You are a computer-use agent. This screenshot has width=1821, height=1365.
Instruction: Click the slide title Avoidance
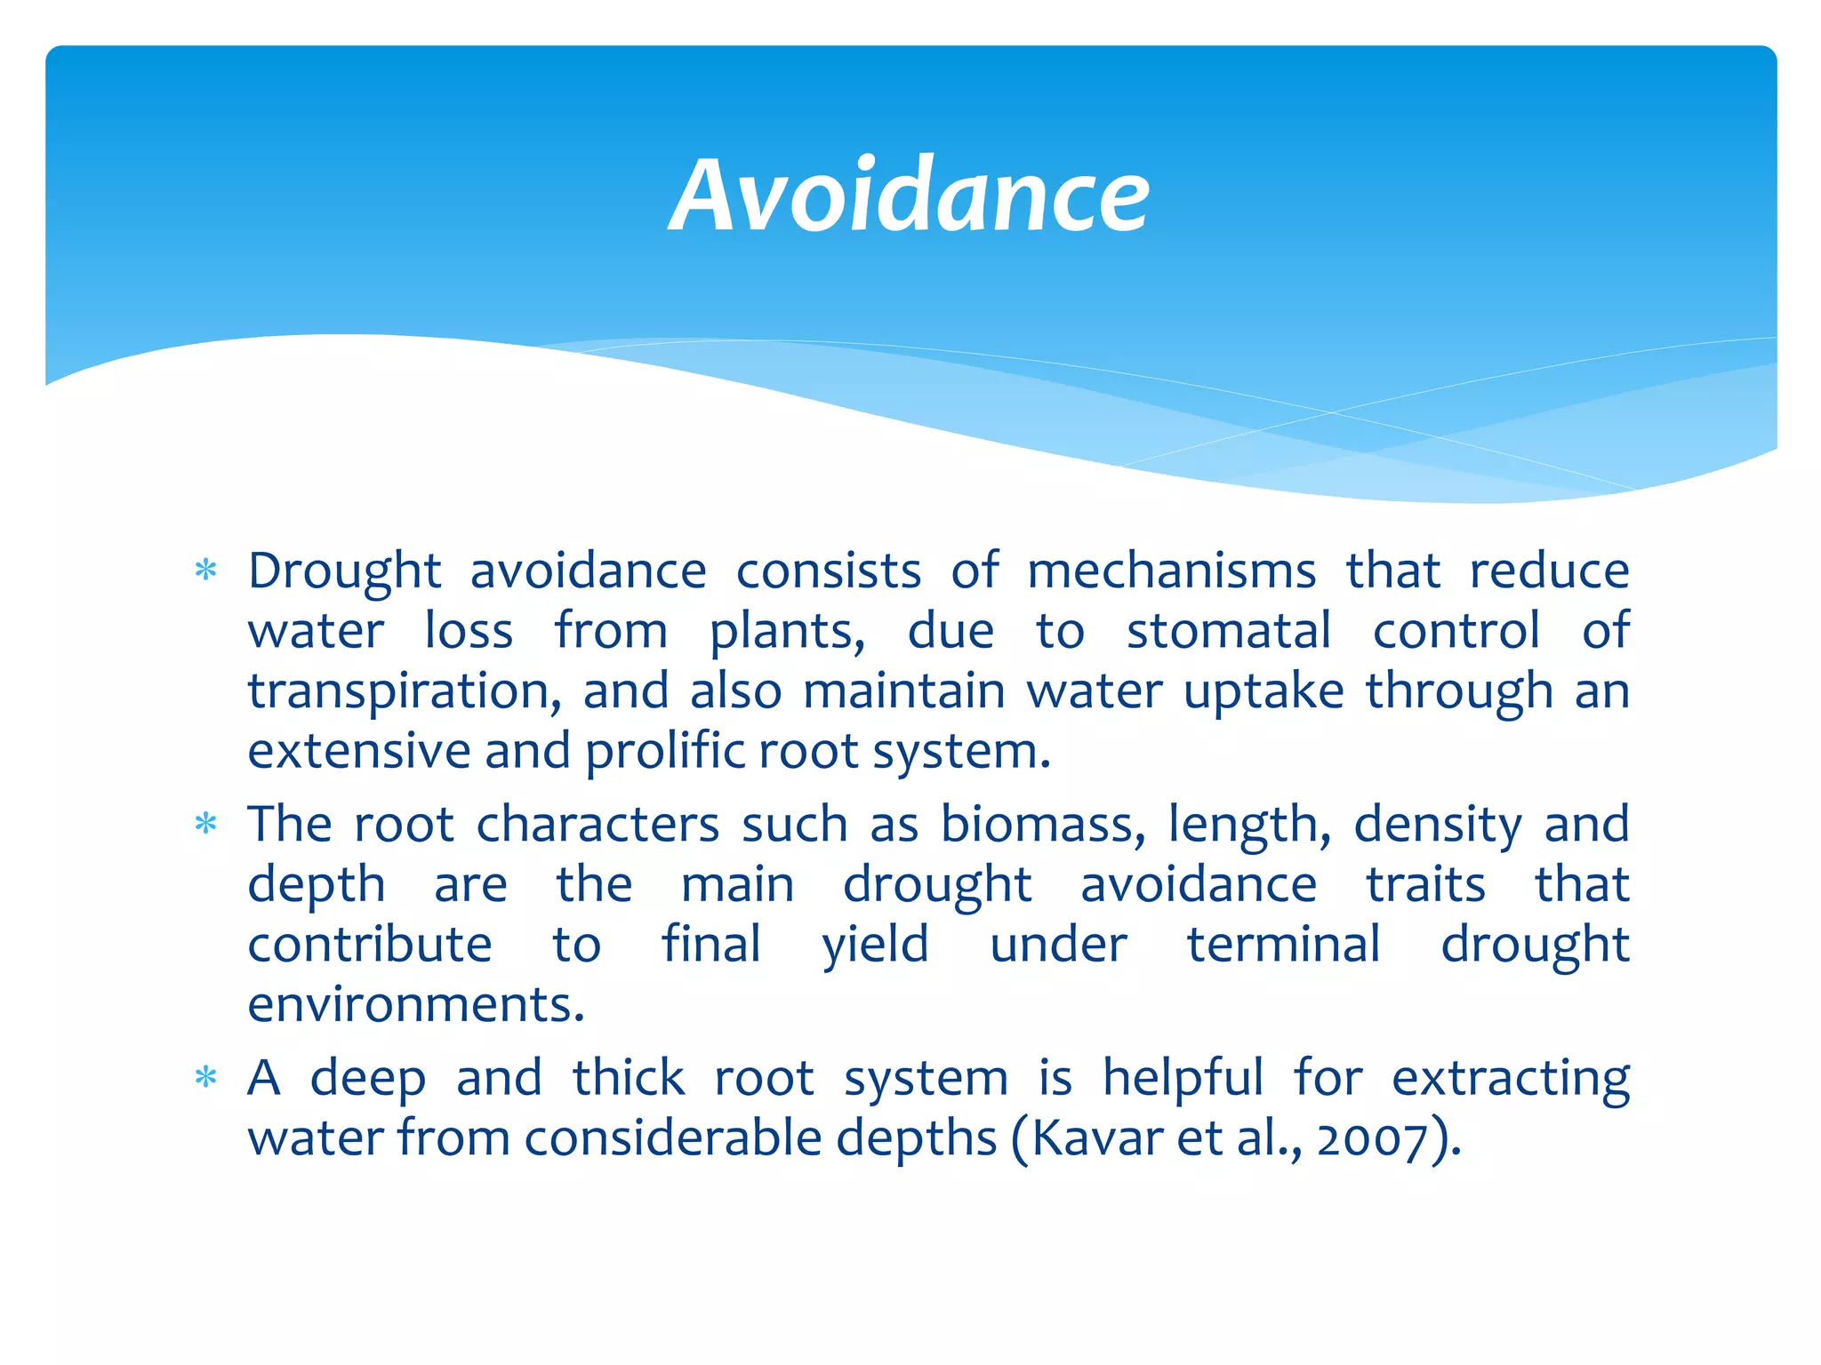pos(909,196)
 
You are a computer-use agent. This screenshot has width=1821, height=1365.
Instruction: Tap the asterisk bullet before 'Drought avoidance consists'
pos(206,571)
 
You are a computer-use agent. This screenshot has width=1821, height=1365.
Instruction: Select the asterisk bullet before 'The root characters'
pos(206,825)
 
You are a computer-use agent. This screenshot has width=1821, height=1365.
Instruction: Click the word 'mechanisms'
pos(1171,571)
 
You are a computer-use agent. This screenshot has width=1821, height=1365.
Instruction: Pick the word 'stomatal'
pos(1229,631)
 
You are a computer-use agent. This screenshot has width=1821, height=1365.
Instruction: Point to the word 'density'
pos(1438,825)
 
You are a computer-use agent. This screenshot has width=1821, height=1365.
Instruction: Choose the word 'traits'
pos(1425,885)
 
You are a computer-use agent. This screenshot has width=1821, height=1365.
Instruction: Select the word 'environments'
pos(415,1005)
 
